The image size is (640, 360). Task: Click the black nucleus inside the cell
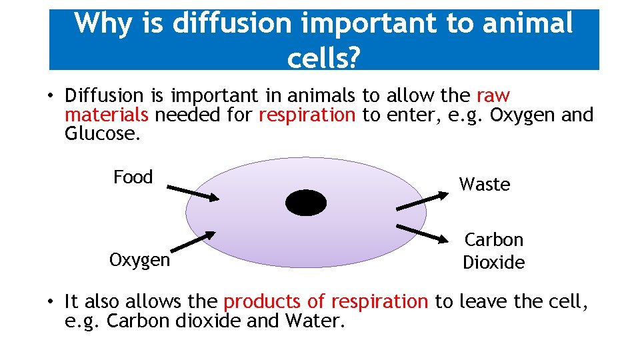tap(306, 203)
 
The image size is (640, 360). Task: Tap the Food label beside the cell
tap(133, 177)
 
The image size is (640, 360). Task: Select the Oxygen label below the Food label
tap(140, 260)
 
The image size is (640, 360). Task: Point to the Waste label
tap(485, 185)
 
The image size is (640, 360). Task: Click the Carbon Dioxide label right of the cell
tap(494, 251)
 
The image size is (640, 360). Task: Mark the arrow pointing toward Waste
tap(423, 201)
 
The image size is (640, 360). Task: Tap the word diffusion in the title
tap(231, 24)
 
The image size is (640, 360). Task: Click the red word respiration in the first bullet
tap(307, 115)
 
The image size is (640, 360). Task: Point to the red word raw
tap(493, 97)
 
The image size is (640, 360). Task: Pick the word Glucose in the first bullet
tap(103, 134)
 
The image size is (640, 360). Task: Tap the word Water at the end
tap(314, 321)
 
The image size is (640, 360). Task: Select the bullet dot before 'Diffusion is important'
tap(51, 97)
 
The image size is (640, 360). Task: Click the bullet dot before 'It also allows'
tap(51, 303)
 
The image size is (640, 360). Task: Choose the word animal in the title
tap(529, 24)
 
